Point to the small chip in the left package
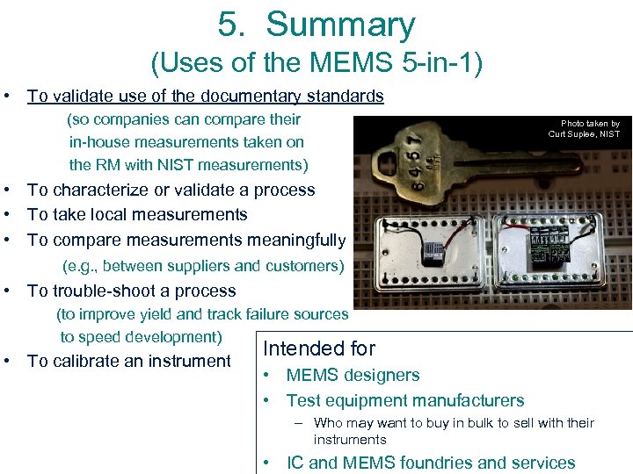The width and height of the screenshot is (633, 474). click(432, 254)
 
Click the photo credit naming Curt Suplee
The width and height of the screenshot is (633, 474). click(585, 129)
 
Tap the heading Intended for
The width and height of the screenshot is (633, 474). click(319, 348)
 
